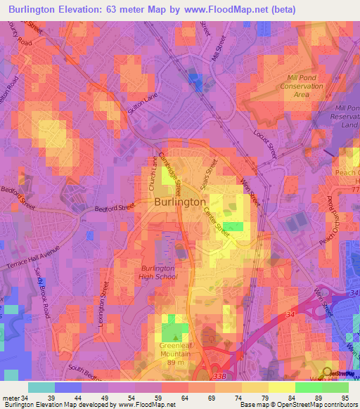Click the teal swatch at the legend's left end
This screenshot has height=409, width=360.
pos(41,387)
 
